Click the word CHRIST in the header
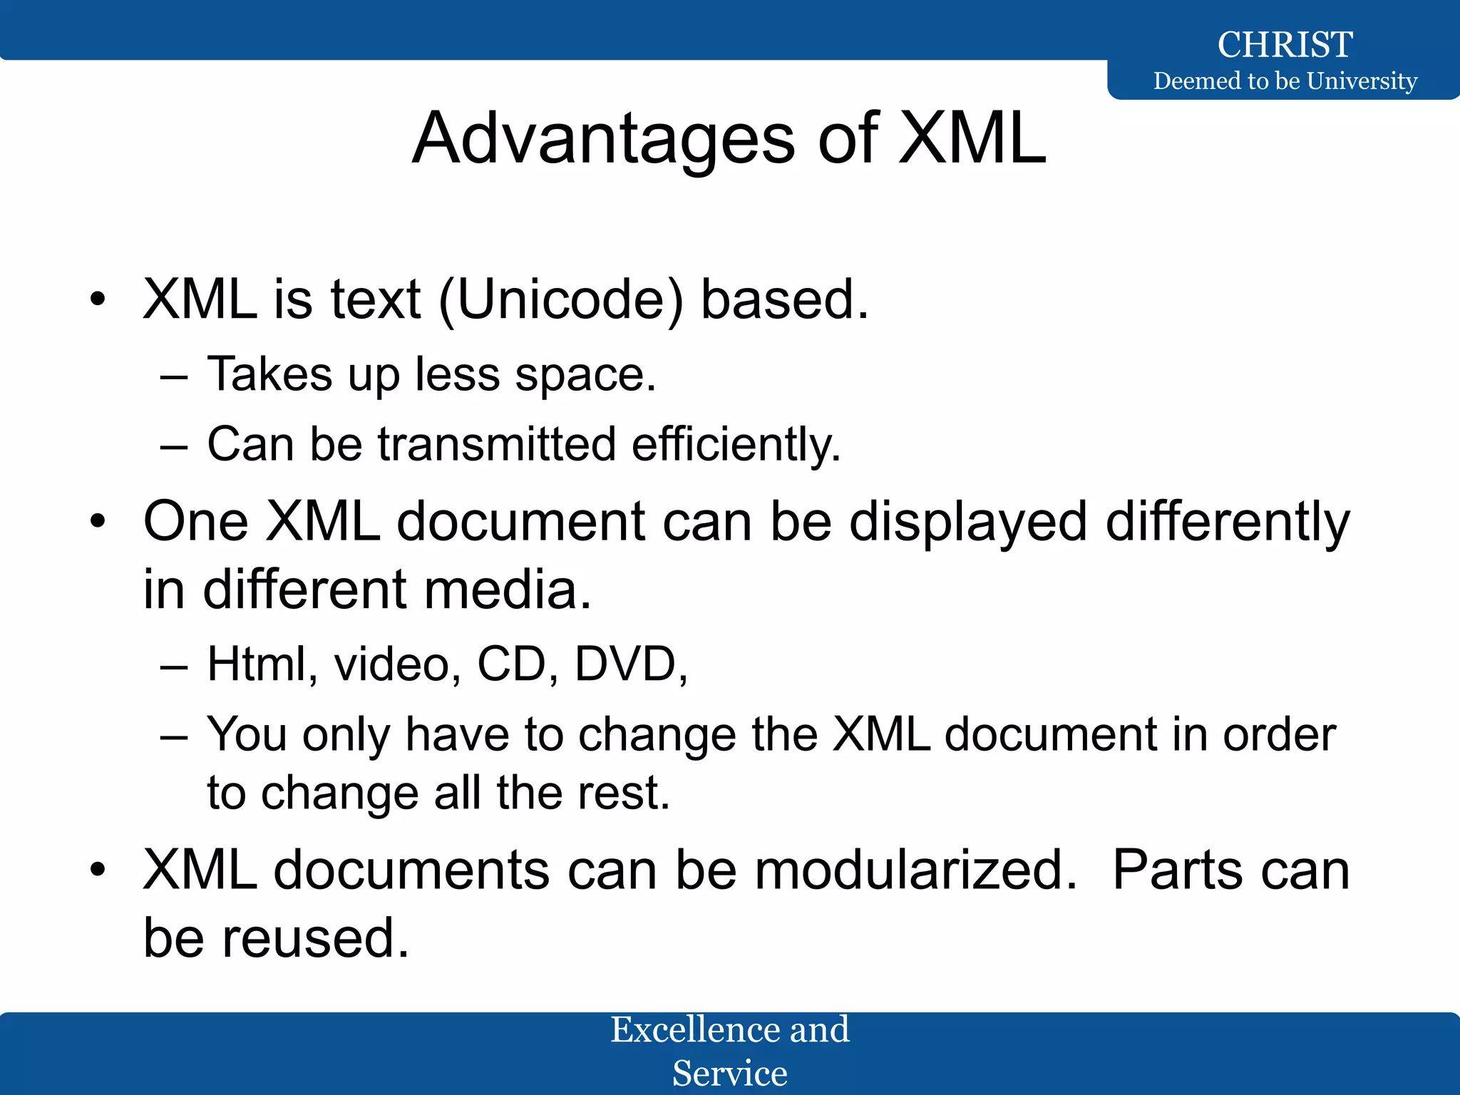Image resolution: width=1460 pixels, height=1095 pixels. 1285,44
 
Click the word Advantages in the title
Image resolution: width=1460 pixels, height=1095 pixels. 603,138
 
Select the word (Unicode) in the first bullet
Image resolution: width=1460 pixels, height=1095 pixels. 561,299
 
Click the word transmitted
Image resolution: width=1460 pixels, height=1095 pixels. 497,444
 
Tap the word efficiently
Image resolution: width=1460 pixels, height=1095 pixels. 736,444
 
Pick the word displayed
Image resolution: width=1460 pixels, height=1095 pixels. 968,522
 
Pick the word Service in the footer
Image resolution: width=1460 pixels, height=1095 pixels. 730,1073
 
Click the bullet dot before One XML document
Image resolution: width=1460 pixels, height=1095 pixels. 98,522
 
